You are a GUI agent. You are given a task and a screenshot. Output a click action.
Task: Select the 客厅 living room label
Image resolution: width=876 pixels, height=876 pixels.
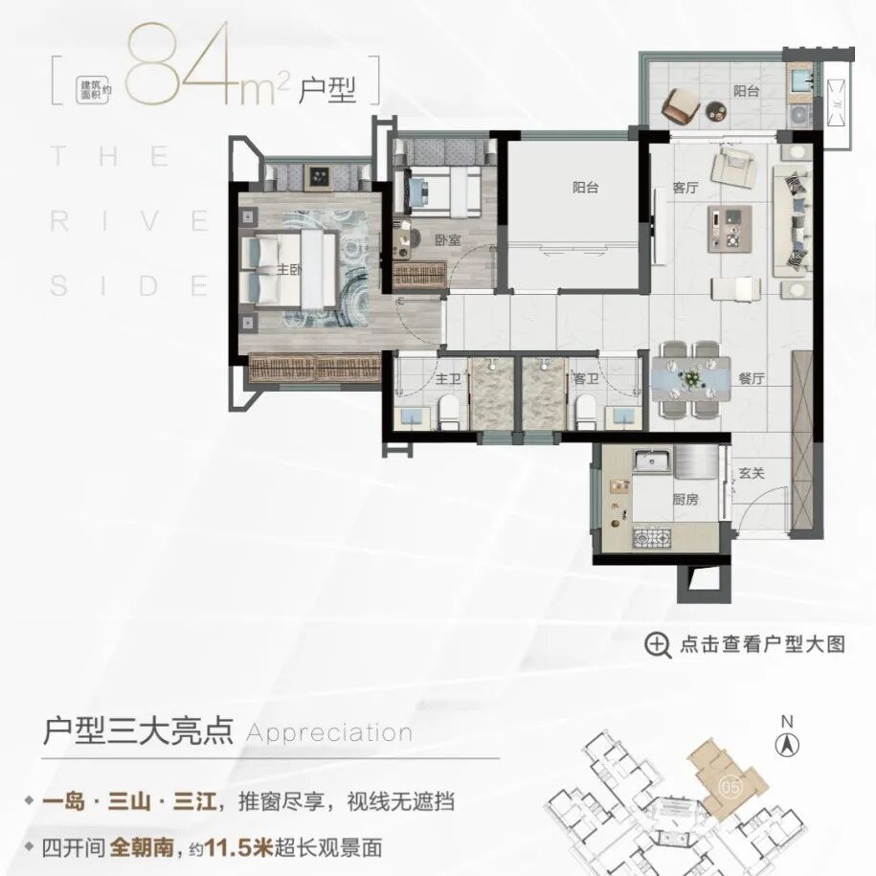tap(685, 188)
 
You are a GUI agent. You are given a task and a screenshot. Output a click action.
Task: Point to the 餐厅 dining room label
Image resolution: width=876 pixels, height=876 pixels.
tap(752, 378)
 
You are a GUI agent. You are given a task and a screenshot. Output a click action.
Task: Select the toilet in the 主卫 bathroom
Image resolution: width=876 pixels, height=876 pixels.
tap(449, 414)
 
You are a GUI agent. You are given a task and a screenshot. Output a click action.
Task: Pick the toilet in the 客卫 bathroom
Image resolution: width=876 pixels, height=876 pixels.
tap(584, 414)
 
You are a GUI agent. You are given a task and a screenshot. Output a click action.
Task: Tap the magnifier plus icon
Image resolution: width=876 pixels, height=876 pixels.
tap(658, 644)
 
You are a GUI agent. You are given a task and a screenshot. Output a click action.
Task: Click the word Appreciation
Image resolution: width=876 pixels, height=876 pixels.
tap(329, 733)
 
